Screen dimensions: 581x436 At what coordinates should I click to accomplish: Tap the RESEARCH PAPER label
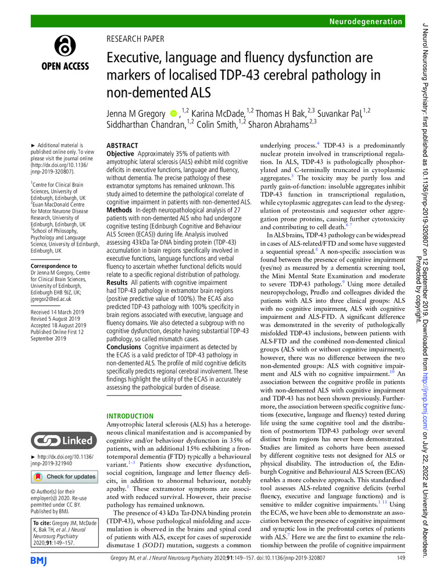135,40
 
